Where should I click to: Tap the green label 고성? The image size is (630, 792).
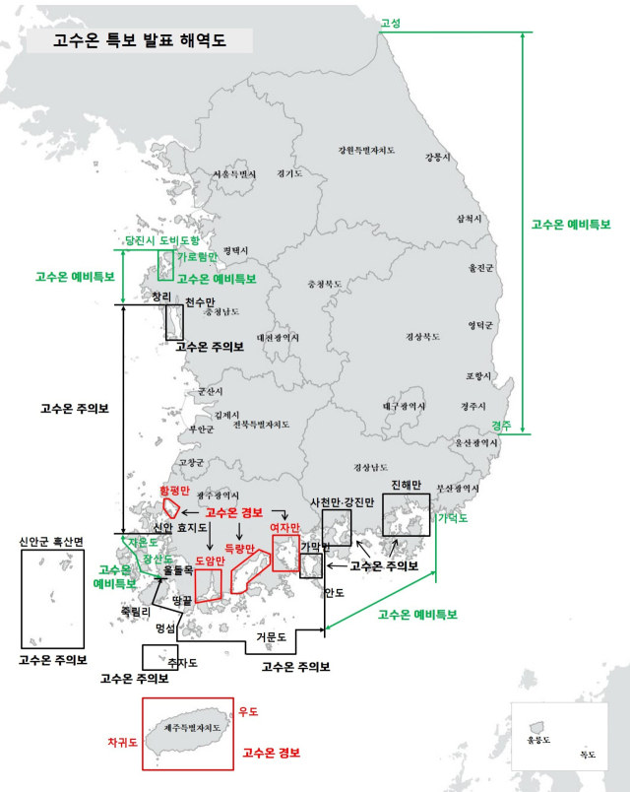point(390,22)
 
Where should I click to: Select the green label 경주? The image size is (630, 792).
point(501,426)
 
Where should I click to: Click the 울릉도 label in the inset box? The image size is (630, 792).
point(538,739)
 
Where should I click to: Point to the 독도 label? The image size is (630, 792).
point(588,755)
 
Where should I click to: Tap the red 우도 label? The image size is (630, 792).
point(248,711)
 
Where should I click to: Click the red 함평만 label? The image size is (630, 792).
point(174,490)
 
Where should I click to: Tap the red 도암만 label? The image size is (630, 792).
point(210,561)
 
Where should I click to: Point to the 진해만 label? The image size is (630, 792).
point(406,485)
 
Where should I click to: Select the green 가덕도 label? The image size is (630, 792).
point(453,517)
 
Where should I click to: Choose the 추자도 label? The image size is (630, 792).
point(182,662)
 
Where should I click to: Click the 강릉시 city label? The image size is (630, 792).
point(436,157)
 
